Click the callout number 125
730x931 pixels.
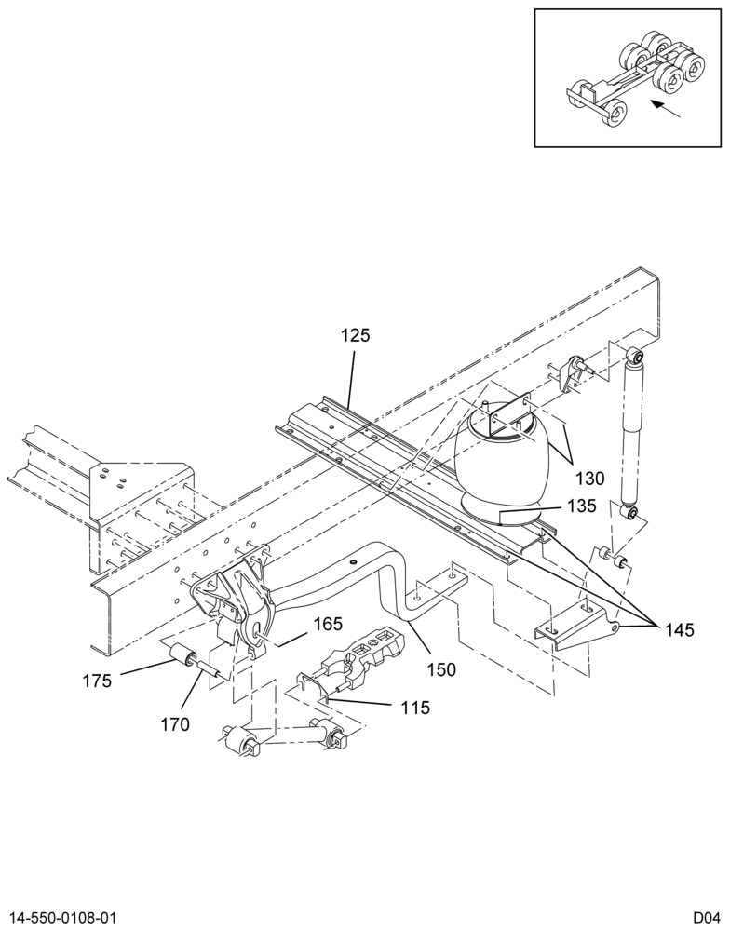355,335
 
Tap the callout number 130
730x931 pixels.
589,478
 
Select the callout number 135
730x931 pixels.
582,506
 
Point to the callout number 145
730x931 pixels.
679,629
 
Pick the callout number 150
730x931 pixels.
441,669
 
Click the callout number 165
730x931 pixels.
328,624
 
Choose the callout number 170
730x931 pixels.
175,724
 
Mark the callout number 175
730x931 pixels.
97,681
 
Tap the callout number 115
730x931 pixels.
414,708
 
